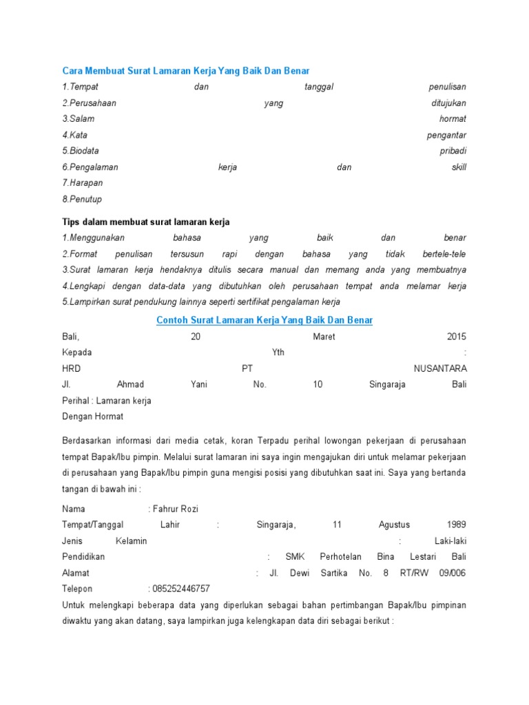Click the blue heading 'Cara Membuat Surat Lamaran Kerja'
click(x=186, y=70)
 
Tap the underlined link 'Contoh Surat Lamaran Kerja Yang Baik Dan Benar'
click(x=264, y=320)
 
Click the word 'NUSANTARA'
click(x=439, y=368)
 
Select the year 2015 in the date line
click(x=456, y=337)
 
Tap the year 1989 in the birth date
click(x=456, y=525)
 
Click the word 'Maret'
click(x=324, y=337)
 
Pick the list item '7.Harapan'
click(x=82, y=183)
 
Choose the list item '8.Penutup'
click(x=82, y=199)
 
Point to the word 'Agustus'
click(x=394, y=525)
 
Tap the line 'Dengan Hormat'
click(x=93, y=417)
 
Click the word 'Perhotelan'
click(x=341, y=556)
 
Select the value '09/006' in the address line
click(x=452, y=573)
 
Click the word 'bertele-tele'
click(x=444, y=254)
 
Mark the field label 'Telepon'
click(x=77, y=589)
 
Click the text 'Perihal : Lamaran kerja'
click(x=107, y=401)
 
